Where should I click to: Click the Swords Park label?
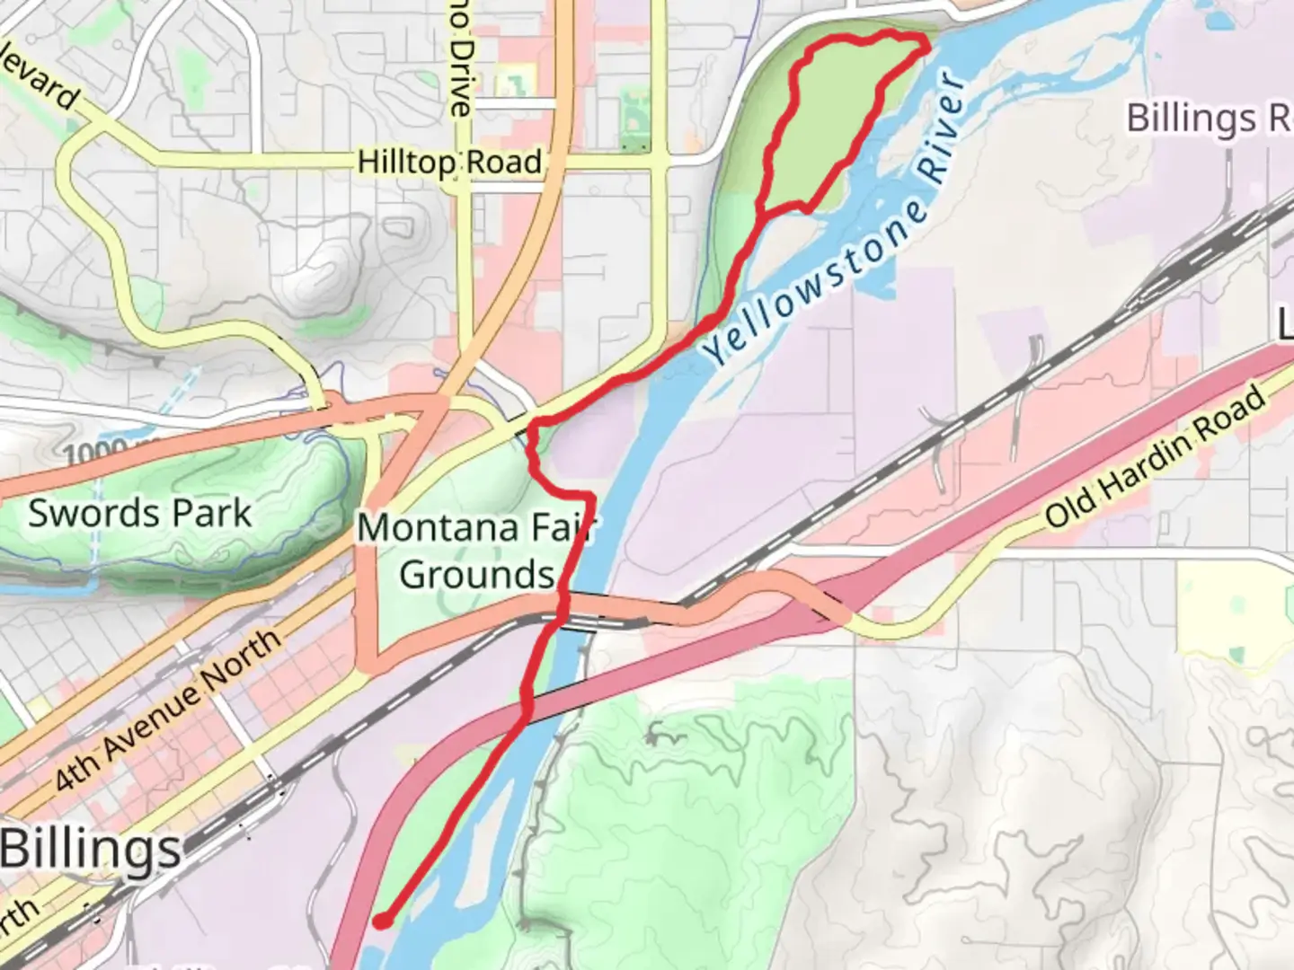139,514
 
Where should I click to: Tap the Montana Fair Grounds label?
476,551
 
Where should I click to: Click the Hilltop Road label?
449,163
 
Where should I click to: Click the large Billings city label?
91,850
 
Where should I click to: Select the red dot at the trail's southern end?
381,921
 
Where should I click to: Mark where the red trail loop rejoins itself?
763,214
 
